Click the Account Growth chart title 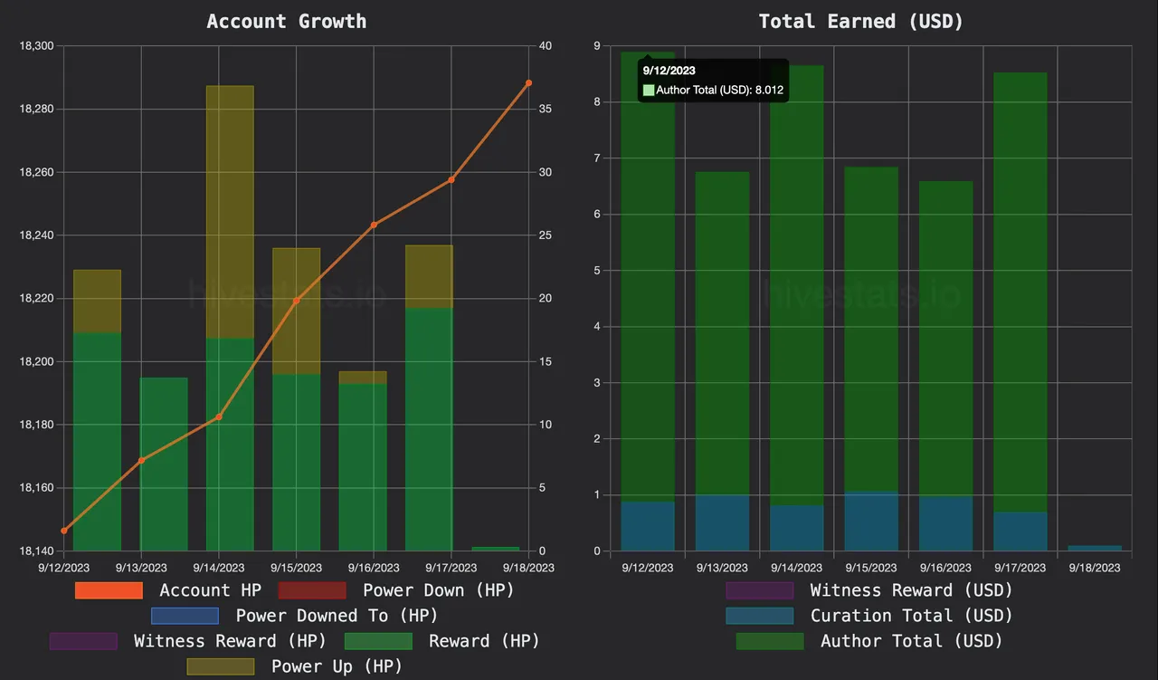[x=287, y=22]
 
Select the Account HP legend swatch [x=109, y=590]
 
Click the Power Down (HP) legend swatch [x=312, y=590]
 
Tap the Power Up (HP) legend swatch [x=221, y=666]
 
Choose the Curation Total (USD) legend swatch [x=759, y=616]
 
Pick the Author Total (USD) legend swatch [x=770, y=641]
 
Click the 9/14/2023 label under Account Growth [x=220, y=568]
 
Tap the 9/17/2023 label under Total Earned [x=1020, y=568]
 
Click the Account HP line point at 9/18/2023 [x=529, y=82]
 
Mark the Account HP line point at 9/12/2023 [x=63, y=531]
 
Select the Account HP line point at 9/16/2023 [x=374, y=225]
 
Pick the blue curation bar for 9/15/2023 [x=871, y=522]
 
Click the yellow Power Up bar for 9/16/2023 [x=363, y=377]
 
